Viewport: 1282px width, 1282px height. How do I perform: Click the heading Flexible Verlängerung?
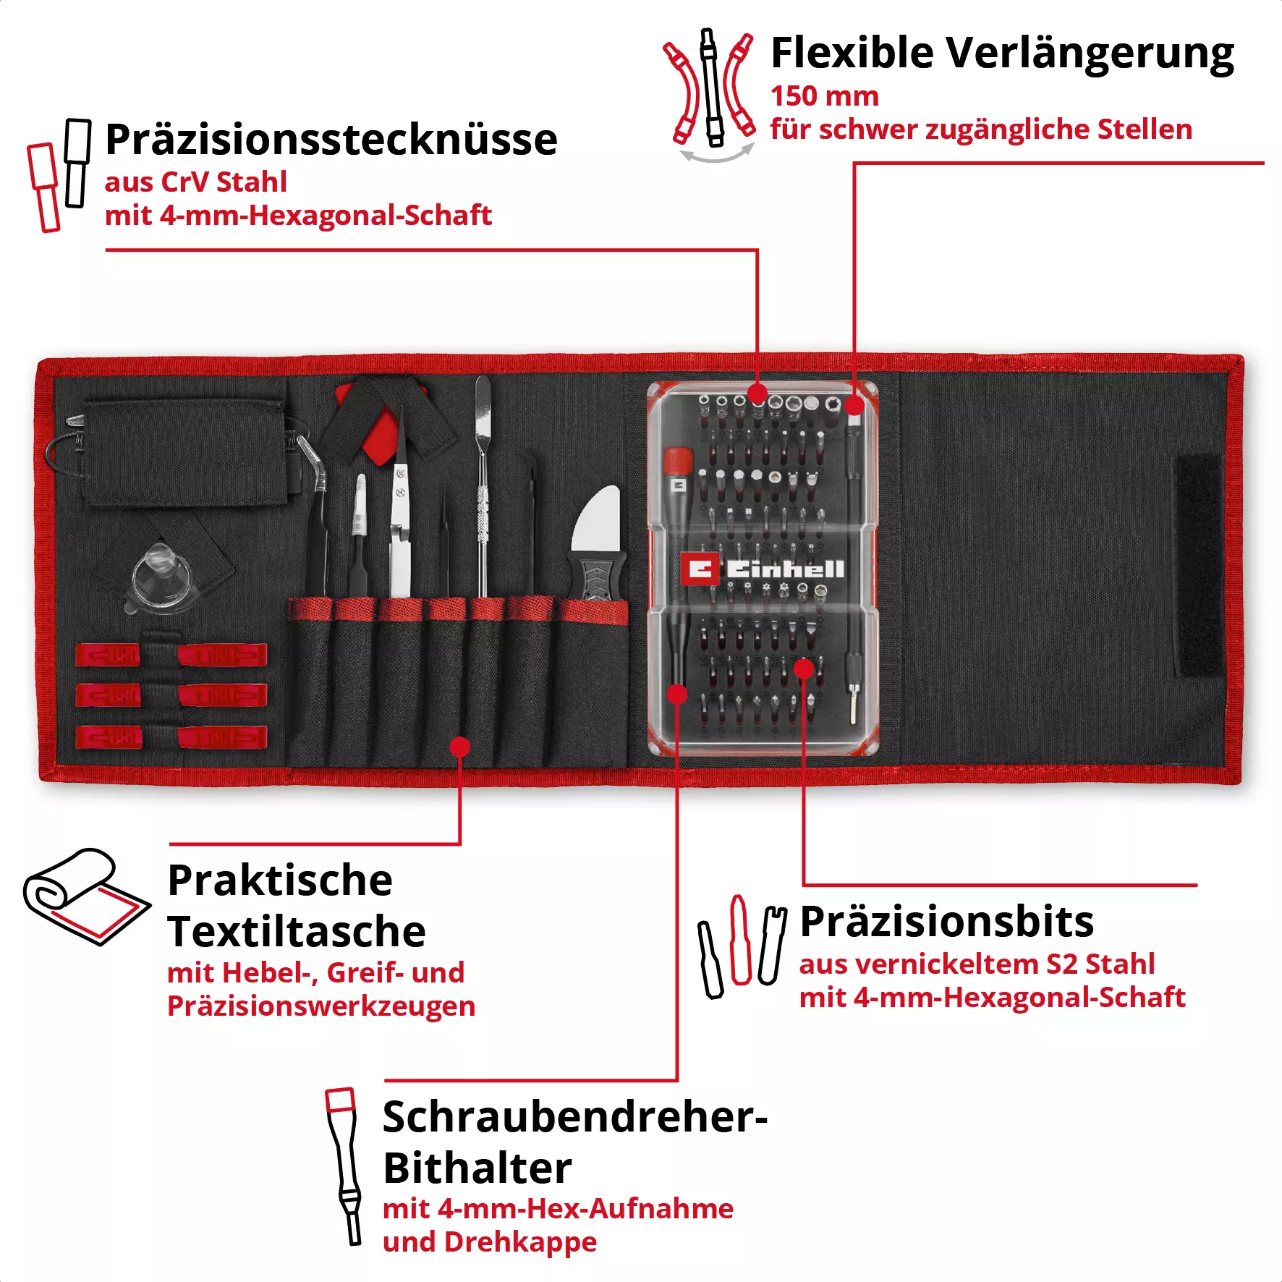pos(1001,54)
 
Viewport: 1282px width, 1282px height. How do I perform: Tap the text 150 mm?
pos(824,96)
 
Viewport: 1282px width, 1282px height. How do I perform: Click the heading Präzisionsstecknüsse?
pos(331,140)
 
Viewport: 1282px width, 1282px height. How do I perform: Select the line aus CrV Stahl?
pos(195,182)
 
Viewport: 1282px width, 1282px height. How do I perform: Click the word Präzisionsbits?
pos(946,922)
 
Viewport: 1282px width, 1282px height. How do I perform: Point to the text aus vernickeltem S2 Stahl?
pos(977,964)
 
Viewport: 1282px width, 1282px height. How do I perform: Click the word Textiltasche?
pos(297,931)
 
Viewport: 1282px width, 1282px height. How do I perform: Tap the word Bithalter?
pos(477,1168)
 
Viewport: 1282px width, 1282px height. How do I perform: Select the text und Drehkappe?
pos(490,1242)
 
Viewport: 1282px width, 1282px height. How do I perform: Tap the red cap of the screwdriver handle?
pos(678,459)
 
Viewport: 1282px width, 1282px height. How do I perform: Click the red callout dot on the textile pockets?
pos(459,747)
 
